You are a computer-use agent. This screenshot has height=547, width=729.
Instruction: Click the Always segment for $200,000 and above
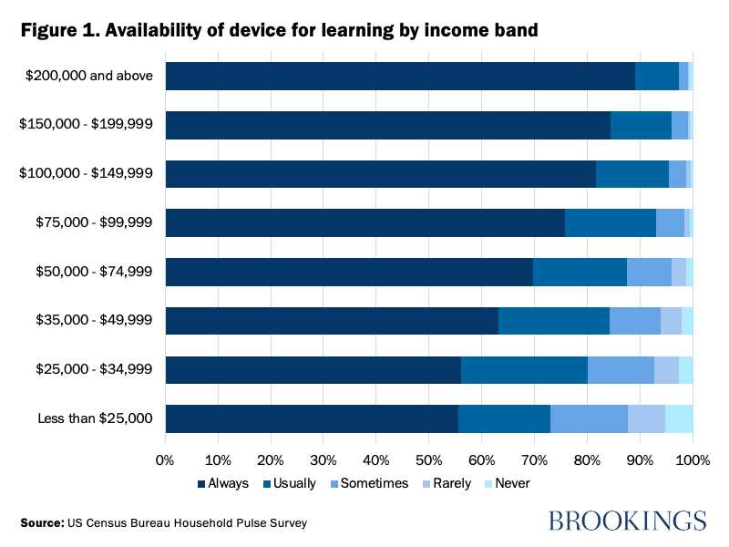click(400, 77)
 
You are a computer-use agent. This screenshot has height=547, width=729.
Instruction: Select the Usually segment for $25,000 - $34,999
click(524, 370)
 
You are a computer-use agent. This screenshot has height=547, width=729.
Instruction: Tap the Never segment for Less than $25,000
click(679, 418)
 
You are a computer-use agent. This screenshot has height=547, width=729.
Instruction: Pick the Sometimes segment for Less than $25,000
click(589, 418)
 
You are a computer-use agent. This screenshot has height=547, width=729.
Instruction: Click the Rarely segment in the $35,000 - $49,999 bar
click(671, 321)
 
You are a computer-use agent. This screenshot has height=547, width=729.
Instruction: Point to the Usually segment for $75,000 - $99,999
click(611, 223)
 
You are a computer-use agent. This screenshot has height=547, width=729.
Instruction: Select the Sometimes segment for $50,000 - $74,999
click(649, 272)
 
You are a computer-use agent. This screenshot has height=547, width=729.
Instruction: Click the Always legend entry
click(222, 483)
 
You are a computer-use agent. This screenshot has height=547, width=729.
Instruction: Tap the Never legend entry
click(506, 483)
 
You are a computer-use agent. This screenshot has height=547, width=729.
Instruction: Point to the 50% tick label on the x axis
click(429, 459)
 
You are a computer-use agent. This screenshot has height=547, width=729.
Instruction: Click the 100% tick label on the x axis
click(691, 459)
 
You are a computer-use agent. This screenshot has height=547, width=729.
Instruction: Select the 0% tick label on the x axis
click(166, 459)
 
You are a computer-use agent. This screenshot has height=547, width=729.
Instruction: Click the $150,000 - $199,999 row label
click(87, 125)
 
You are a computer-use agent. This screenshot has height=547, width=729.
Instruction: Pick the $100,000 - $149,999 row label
click(87, 174)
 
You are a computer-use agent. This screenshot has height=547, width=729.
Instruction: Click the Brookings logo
click(627, 521)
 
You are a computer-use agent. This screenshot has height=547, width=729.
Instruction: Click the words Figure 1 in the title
click(58, 30)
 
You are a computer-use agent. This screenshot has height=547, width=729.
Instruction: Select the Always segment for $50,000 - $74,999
click(349, 272)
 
